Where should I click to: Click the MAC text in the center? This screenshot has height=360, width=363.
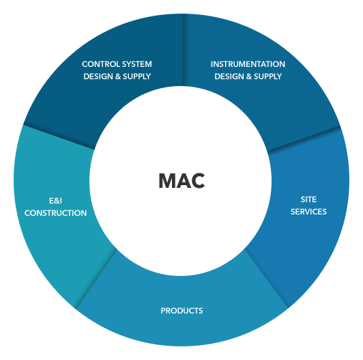[x=181, y=181]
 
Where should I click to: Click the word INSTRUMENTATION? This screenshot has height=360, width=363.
[x=248, y=64]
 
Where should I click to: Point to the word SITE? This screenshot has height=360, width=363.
[x=308, y=199]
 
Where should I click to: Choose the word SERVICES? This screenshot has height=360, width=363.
[x=308, y=212]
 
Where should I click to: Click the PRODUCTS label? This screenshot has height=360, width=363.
[x=181, y=311]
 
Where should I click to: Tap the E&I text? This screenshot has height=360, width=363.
[x=55, y=201]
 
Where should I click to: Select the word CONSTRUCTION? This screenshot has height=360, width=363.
[x=55, y=213]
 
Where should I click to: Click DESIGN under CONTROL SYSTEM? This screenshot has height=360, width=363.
[x=98, y=77]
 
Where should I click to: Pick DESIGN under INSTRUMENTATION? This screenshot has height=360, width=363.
[x=229, y=77]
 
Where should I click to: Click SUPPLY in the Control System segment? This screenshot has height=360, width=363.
[x=137, y=77]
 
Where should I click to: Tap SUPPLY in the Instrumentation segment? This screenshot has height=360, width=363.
[x=268, y=77]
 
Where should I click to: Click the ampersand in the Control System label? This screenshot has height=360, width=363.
[x=118, y=77]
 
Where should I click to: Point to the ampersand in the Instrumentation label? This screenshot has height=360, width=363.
[x=249, y=77]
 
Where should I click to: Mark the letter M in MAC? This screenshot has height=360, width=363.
[x=167, y=181]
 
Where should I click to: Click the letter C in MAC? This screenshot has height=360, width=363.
[x=198, y=181]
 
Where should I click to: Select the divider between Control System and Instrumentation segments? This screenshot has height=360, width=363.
[x=183, y=50]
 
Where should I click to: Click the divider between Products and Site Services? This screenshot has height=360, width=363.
[x=267, y=278]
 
